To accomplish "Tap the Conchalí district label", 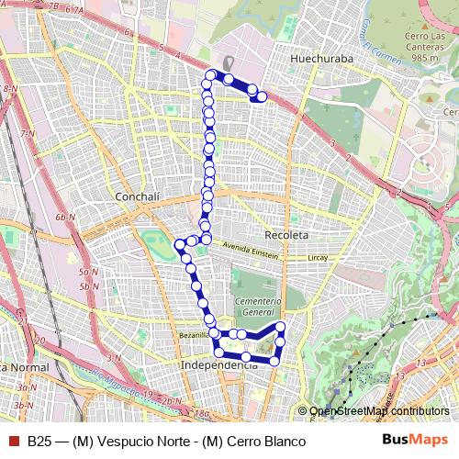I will point(138,196).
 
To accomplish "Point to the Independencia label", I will point(220,364).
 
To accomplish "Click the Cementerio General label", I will point(257,308).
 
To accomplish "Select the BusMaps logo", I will point(415,441).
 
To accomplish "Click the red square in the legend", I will point(13,441).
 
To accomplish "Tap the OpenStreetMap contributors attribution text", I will point(379,410).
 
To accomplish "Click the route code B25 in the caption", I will point(39,441).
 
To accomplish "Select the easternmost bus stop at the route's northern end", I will point(262,96).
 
